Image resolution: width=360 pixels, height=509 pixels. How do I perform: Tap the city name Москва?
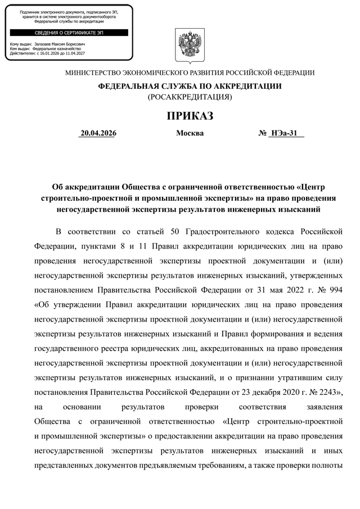190,134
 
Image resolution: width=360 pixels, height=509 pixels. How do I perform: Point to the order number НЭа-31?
283,134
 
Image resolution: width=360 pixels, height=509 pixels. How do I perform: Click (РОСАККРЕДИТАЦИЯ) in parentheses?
190,97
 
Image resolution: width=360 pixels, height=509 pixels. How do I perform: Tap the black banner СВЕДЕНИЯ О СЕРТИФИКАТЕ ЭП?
70,33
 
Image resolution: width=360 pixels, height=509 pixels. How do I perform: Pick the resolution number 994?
335,292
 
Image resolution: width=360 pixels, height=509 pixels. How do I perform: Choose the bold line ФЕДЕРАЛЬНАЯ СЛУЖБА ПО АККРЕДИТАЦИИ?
190,86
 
